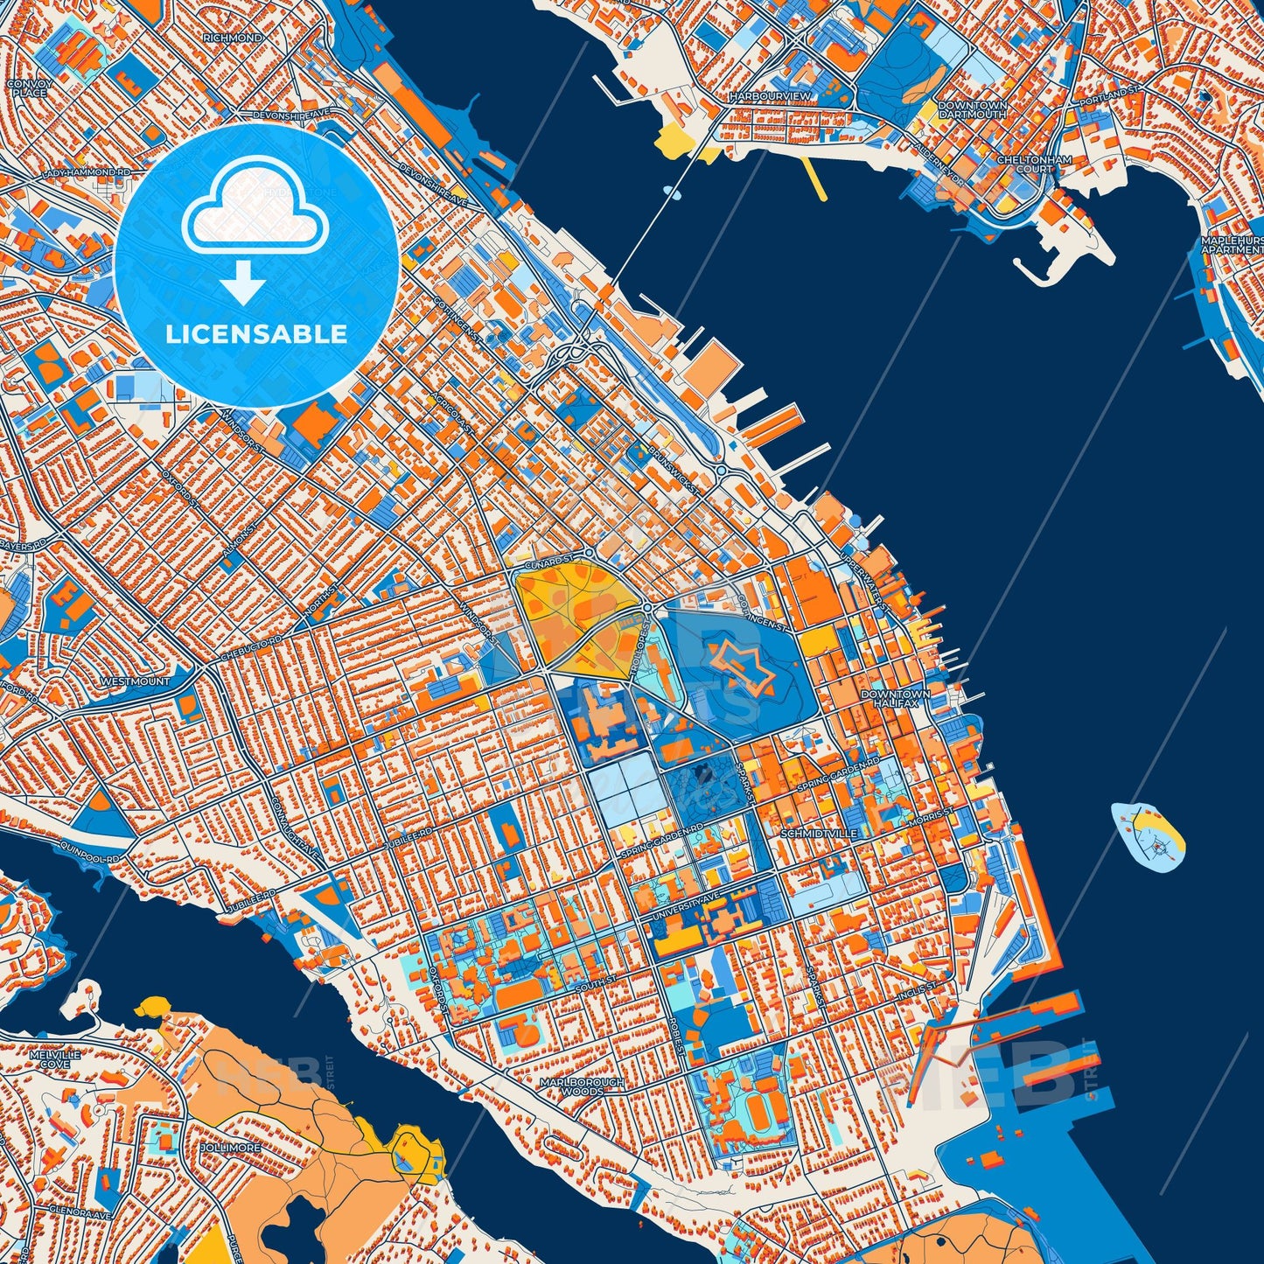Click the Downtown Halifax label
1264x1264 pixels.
pyautogui.click(x=895, y=698)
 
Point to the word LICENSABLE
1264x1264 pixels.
pyautogui.click(x=256, y=334)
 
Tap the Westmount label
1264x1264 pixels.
pyautogui.click(x=136, y=681)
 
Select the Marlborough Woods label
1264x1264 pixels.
pyautogui.click(x=583, y=1086)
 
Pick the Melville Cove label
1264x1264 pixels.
pyautogui.click(x=55, y=1059)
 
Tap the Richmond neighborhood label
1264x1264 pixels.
pyautogui.click(x=232, y=38)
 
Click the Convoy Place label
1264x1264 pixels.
pyautogui.click(x=29, y=87)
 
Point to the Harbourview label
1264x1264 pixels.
pyautogui.click(x=770, y=95)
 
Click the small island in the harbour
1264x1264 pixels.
pyautogui.click(x=1148, y=838)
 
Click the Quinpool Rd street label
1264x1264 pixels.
pyautogui.click(x=89, y=853)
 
